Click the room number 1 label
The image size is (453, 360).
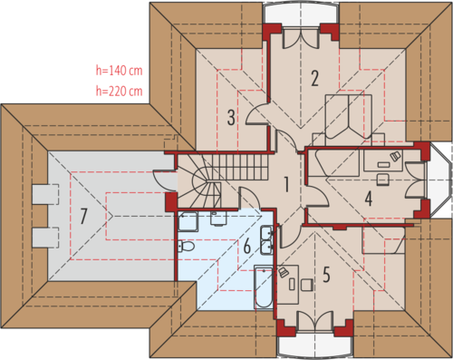tap(286, 184)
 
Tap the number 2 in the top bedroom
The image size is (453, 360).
tap(314, 78)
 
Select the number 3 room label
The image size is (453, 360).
tap(231, 118)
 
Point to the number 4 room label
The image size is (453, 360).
tap(368, 199)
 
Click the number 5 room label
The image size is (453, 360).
tap(326, 275)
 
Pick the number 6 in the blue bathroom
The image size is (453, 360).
tap(247, 246)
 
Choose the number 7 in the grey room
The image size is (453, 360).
tap(83, 217)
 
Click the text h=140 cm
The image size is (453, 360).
tap(119, 71)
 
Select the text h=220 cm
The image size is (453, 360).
tap(119, 91)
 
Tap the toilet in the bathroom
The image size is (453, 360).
tap(186, 246)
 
